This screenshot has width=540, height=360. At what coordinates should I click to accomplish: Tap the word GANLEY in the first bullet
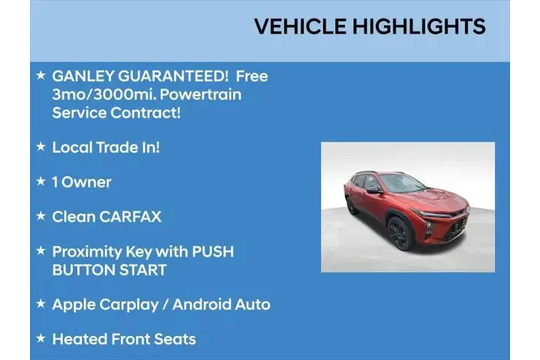(82, 76)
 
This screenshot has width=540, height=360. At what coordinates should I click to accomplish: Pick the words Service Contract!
(116, 112)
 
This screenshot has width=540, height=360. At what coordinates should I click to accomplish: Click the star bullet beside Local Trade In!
(40, 147)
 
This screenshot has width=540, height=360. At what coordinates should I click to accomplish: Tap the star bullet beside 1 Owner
(40, 181)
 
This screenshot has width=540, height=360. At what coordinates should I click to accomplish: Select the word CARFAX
(131, 217)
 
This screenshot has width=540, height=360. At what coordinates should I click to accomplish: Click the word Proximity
(88, 251)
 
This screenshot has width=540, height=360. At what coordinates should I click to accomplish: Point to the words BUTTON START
(109, 269)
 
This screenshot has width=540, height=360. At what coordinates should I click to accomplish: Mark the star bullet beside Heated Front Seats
(40, 339)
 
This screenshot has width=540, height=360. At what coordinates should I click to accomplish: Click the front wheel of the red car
(399, 232)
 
